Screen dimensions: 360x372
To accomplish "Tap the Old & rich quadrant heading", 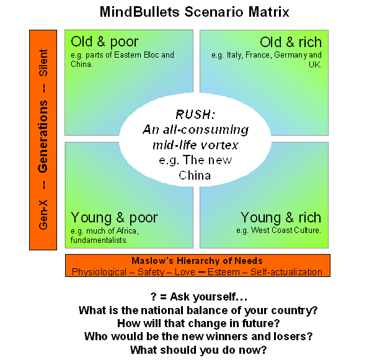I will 291,42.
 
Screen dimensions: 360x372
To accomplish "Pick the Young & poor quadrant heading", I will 114,217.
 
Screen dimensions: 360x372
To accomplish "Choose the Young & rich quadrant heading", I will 281,217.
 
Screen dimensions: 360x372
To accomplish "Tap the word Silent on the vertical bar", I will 43,63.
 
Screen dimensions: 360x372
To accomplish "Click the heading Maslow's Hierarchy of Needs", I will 197,261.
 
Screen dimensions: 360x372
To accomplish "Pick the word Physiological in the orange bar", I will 102,271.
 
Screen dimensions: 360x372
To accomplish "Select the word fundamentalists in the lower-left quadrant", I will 100,239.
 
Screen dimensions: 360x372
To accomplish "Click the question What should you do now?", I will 198,349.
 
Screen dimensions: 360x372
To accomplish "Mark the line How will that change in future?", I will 198,323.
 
